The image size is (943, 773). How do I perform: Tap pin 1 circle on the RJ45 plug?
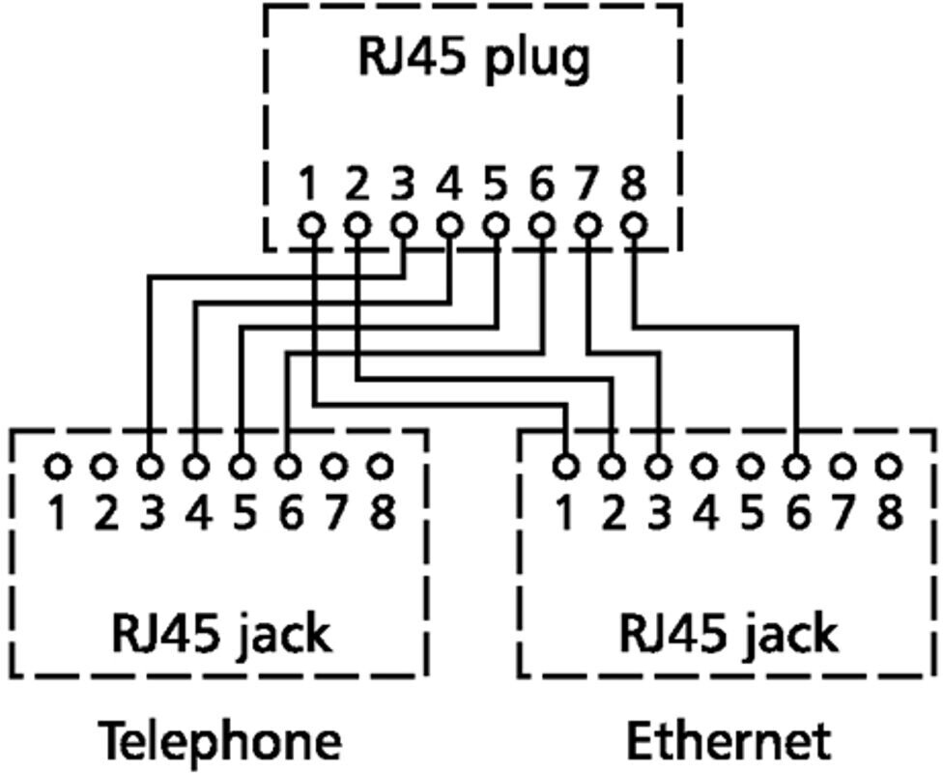309,225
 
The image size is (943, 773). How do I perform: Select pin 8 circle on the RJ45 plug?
633,225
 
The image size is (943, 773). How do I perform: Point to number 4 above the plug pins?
449,183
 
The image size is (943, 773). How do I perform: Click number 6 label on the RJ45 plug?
542,183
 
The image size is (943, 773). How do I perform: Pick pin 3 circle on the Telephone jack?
150,467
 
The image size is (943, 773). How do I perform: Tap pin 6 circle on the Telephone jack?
287,467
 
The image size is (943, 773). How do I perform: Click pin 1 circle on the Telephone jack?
58,467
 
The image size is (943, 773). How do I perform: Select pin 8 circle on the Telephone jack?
380,467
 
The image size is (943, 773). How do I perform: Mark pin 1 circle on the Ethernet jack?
566,467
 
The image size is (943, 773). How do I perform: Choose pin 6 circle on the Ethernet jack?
797,467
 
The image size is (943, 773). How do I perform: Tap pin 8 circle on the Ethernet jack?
888,467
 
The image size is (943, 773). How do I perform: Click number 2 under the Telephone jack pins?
104,512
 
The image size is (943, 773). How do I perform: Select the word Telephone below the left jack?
221,742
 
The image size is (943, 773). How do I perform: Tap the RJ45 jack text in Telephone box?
221,635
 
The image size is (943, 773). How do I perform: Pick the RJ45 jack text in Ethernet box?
728,635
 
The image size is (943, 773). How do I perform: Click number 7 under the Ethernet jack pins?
843,512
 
